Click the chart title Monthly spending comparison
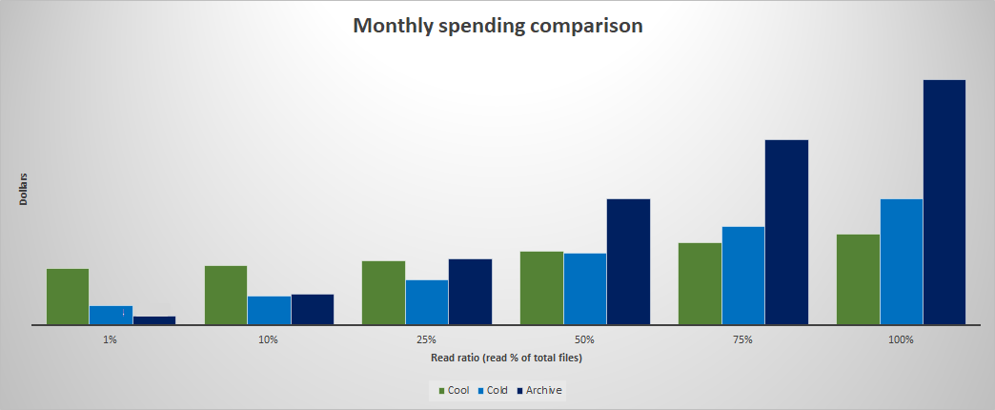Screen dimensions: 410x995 (x=497, y=26)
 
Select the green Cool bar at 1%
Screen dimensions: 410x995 (x=68, y=297)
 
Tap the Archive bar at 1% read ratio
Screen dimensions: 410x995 (x=154, y=320)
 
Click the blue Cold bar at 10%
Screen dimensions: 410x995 (x=269, y=310)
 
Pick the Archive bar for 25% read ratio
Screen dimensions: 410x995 (x=470, y=292)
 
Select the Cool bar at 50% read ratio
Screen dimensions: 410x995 (x=541, y=288)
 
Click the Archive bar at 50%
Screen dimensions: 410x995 (x=628, y=262)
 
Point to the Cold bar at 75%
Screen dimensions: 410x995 (x=743, y=276)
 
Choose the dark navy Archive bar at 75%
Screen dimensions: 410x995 (x=786, y=233)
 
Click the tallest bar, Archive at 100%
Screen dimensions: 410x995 (x=944, y=202)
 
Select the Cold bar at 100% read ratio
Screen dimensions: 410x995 (x=902, y=262)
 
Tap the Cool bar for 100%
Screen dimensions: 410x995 (x=858, y=279)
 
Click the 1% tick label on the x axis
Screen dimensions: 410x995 (x=111, y=339)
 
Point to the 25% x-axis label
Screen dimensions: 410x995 (x=426, y=339)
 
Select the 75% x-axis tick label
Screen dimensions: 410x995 (x=743, y=339)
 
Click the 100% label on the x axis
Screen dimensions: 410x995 (x=901, y=339)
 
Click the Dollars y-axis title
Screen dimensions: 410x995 (x=24, y=189)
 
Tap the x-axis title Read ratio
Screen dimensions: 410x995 (x=506, y=359)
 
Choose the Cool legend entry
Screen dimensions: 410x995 (x=454, y=390)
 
